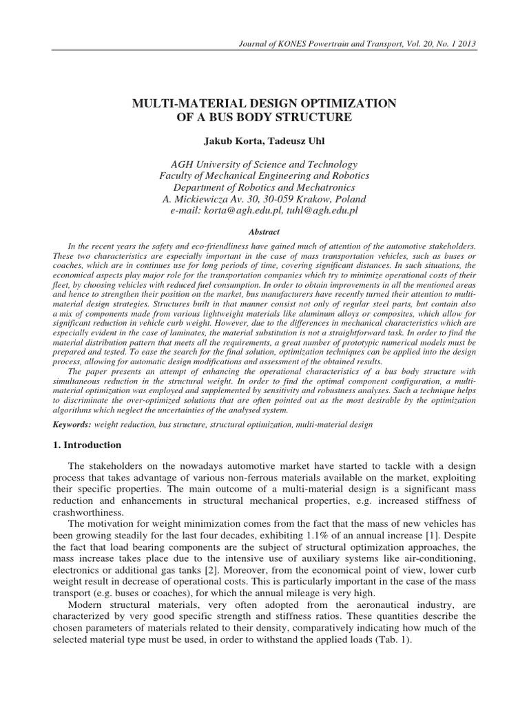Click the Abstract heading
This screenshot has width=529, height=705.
tap(264, 233)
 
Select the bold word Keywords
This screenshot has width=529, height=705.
tap(73, 425)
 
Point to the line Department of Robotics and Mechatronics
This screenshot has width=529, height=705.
tap(264, 187)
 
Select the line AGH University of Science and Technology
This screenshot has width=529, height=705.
tap(264, 164)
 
